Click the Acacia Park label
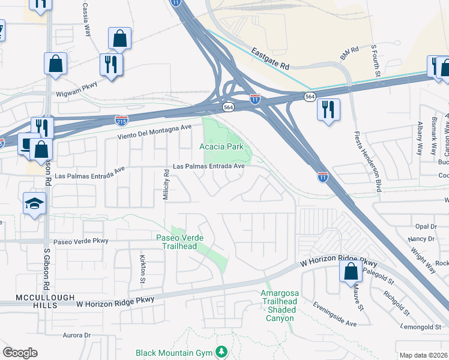coord(221,146)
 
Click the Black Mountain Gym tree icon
coord(222,351)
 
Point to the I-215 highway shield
coord(121,121)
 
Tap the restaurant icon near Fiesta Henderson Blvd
coord(328,110)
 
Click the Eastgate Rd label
coord(270,59)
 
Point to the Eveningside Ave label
coord(335,314)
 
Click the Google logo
coord(20,353)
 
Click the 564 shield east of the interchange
coord(310,97)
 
